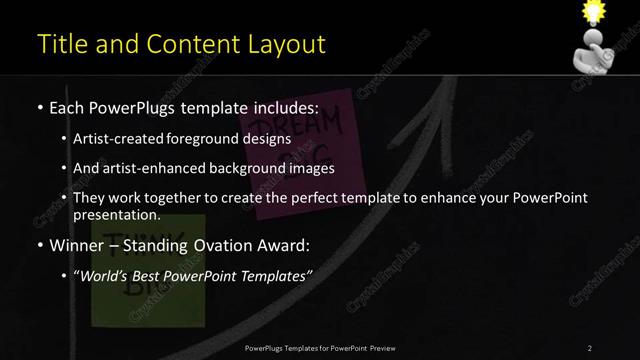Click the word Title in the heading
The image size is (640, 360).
click(x=59, y=44)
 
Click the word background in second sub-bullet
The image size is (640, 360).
click(x=245, y=168)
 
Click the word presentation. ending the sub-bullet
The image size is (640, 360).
click(x=116, y=214)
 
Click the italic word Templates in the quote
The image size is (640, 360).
click(x=275, y=275)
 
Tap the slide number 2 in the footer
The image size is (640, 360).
click(x=590, y=347)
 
